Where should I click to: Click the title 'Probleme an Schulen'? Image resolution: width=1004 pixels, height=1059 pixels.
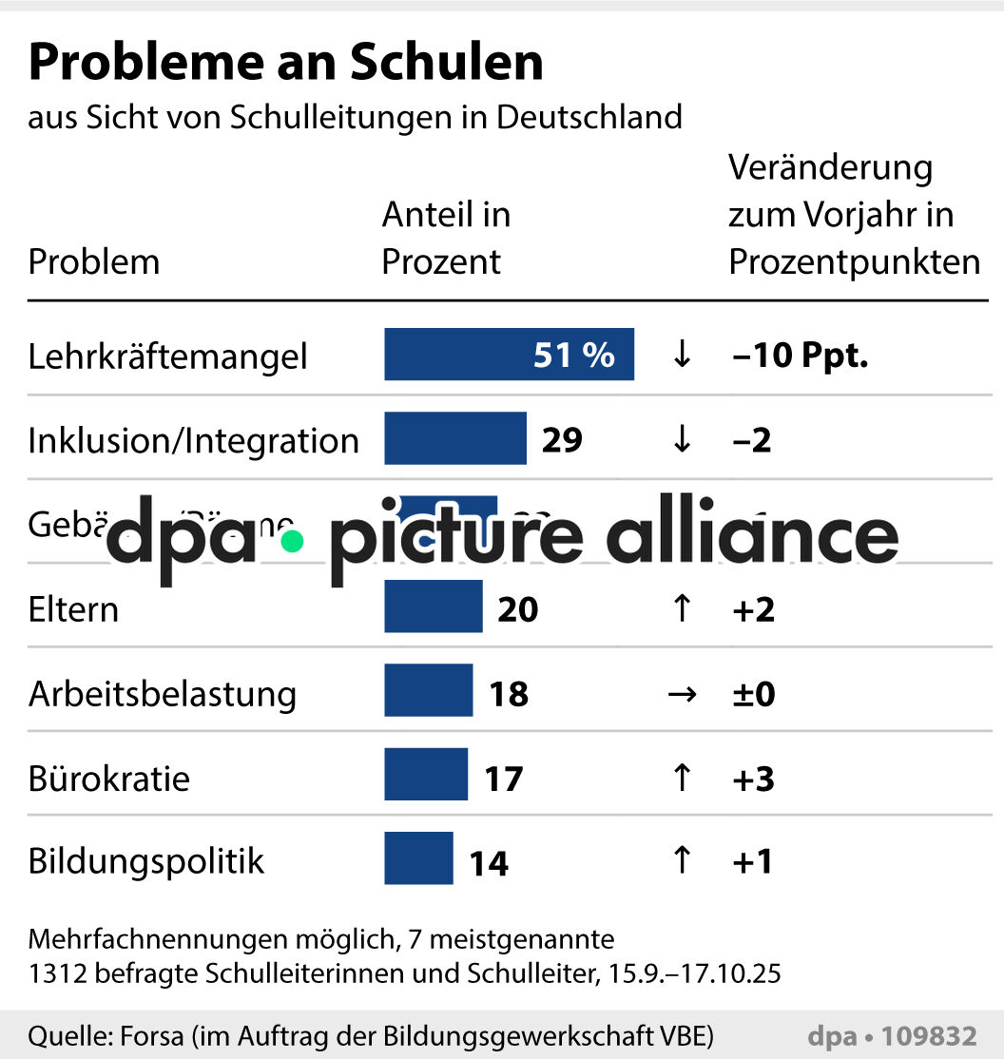click(x=285, y=63)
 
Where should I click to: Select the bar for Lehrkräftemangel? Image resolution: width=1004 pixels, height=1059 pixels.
click(x=509, y=355)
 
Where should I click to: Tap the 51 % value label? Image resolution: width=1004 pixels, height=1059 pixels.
click(x=574, y=356)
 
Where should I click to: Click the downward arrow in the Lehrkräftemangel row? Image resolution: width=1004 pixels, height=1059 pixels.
click(x=681, y=356)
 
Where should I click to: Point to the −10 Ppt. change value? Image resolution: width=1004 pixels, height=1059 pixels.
click(x=801, y=356)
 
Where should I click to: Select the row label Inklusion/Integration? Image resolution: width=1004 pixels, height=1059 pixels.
click(x=194, y=440)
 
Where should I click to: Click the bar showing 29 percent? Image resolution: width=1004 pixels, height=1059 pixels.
click(x=454, y=438)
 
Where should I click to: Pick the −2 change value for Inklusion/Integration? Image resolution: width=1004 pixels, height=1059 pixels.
click(x=752, y=440)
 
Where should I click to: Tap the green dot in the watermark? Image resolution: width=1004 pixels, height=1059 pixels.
click(x=292, y=541)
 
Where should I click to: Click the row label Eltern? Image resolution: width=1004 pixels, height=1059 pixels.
click(x=73, y=609)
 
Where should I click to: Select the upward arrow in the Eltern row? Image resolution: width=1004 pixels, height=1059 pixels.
click(x=681, y=608)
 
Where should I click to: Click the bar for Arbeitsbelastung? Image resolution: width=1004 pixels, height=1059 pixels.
click(x=428, y=690)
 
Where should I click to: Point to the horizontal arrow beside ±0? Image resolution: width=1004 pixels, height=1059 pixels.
click(x=681, y=694)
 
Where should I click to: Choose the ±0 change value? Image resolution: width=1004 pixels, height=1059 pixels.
click(x=753, y=694)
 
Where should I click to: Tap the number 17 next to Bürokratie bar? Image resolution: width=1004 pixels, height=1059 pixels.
click(x=504, y=779)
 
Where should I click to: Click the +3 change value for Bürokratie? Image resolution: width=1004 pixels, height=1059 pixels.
click(x=753, y=779)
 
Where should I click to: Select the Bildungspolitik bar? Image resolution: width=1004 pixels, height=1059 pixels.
click(x=418, y=858)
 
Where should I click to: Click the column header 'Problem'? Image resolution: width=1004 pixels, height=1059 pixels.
click(x=94, y=261)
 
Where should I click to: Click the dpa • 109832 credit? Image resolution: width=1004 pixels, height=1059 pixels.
click(x=892, y=1035)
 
